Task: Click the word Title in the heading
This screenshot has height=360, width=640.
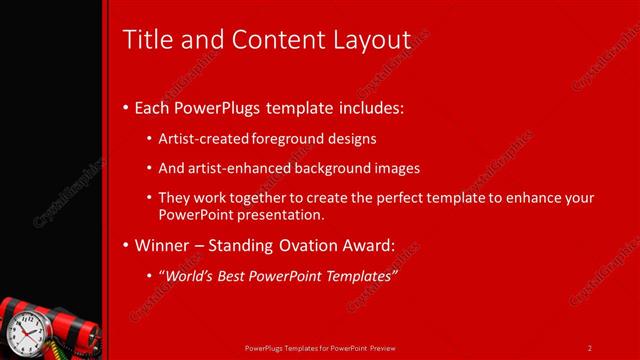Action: click(144, 40)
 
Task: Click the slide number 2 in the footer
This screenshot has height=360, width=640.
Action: click(589, 348)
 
